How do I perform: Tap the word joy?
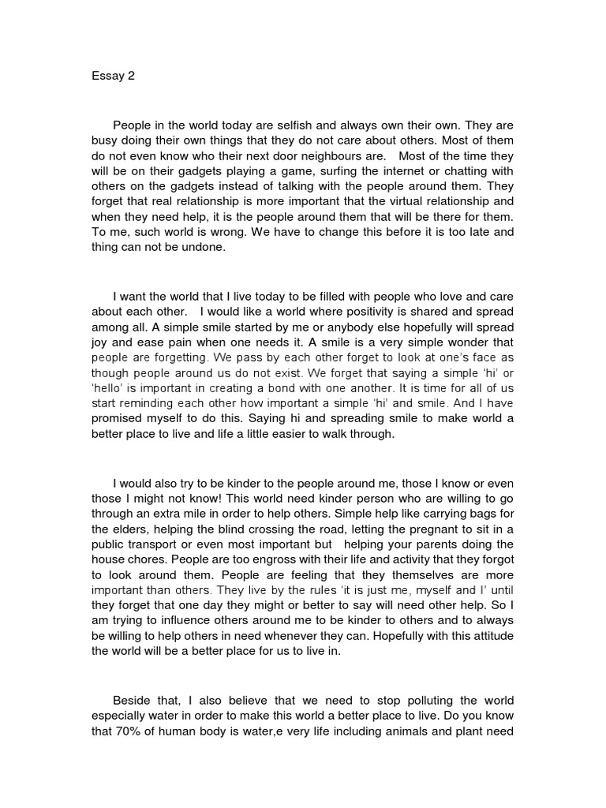click(105, 342)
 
